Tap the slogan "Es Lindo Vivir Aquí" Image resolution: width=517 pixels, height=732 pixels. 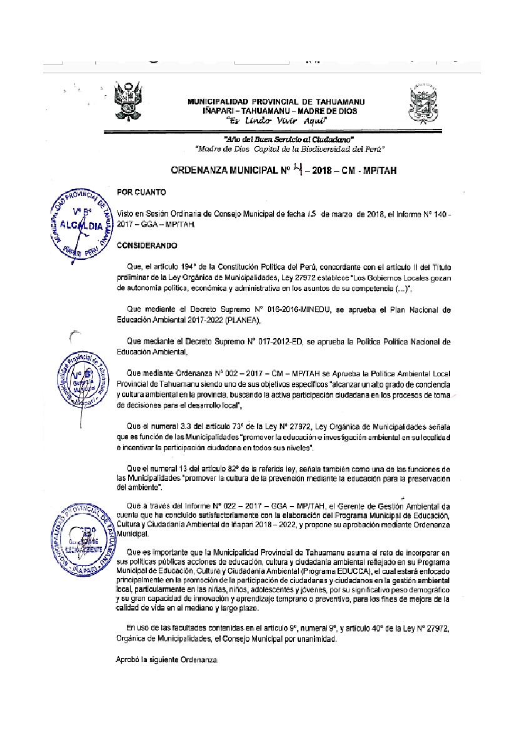(276, 120)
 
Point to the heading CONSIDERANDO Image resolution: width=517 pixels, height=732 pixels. (147, 245)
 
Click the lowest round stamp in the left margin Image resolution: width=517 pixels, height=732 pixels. (79, 535)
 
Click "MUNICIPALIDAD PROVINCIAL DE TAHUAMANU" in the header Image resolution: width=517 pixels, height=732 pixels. (276, 101)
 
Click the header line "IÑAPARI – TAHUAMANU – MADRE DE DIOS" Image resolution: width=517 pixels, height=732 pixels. (276, 111)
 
